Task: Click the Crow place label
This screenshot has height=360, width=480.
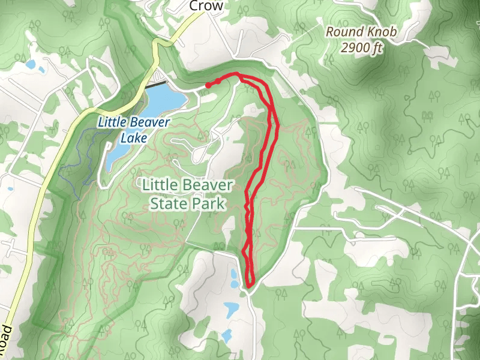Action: point(206,6)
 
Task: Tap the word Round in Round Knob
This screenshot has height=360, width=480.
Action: point(345,32)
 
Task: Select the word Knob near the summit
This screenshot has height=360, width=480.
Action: point(382,32)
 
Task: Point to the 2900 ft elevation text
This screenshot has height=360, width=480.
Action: point(360,48)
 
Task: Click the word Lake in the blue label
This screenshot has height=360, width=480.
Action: point(133,138)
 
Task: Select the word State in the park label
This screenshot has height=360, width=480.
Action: point(170,203)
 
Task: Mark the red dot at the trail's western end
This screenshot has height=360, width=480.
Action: point(208,86)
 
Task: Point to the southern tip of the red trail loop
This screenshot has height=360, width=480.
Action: point(250,283)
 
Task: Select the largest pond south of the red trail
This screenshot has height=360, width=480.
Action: point(231,309)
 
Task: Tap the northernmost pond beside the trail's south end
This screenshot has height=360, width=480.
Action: point(233,277)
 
